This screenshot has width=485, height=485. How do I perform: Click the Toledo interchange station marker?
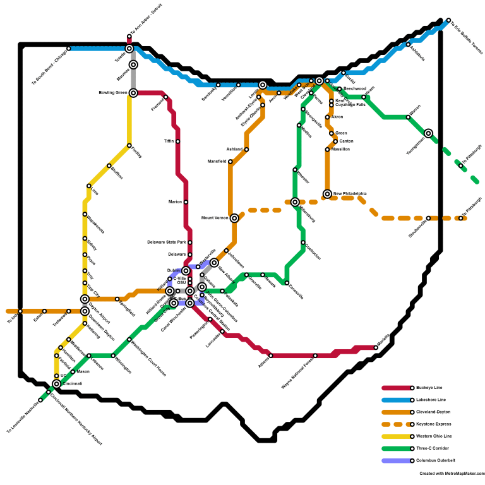[x=129, y=49]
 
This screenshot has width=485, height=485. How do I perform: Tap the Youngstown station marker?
[x=429, y=133]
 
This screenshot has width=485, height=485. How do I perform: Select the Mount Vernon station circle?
[x=234, y=218]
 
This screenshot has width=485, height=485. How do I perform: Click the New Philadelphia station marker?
[x=327, y=194]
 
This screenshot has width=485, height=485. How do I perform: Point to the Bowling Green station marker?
[x=133, y=93]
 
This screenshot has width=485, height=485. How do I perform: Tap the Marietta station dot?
[x=376, y=347]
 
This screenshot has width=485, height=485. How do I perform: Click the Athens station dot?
[x=271, y=356]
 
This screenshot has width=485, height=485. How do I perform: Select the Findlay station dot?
[x=129, y=146]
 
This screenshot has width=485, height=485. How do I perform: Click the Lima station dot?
[x=89, y=186]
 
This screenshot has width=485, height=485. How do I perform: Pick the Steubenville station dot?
[x=428, y=219]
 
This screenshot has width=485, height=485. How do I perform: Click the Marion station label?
[x=175, y=202]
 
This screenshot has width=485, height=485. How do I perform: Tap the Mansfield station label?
[x=217, y=162]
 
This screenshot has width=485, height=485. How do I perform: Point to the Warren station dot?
[x=408, y=117]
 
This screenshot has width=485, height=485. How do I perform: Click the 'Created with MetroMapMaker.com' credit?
[x=451, y=473]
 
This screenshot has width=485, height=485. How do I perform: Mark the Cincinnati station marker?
[x=56, y=384]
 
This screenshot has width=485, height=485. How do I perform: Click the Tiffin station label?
[x=169, y=141]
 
